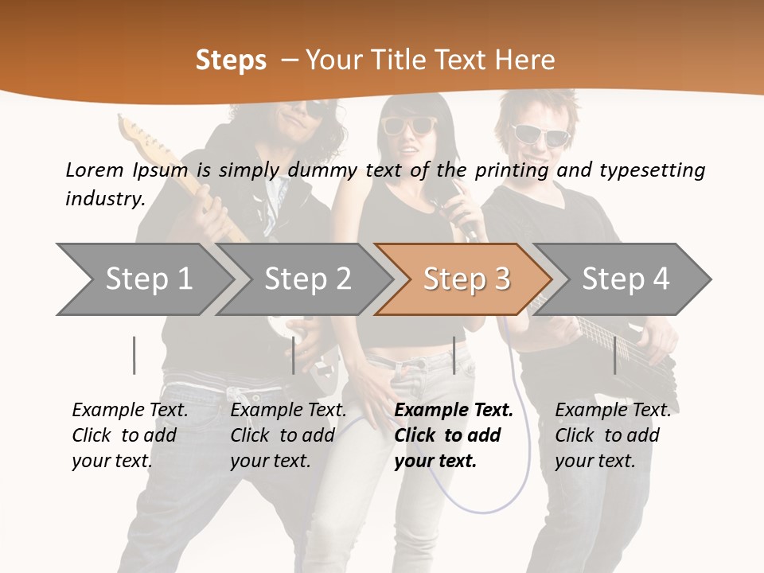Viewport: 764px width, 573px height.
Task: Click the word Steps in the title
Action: click(x=231, y=60)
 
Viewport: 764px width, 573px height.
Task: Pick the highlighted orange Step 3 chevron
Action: click(x=466, y=279)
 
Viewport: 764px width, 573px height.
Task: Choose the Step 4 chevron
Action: click(x=626, y=279)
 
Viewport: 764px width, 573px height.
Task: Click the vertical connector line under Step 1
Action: click(x=134, y=355)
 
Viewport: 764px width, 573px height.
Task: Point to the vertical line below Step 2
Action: click(x=294, y=355)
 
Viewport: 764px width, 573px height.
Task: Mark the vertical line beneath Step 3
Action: click(x=454, y=355)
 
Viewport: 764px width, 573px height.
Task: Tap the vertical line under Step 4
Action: click(x=614, y=355)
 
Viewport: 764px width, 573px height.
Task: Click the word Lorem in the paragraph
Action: click(x=94, y=170)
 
